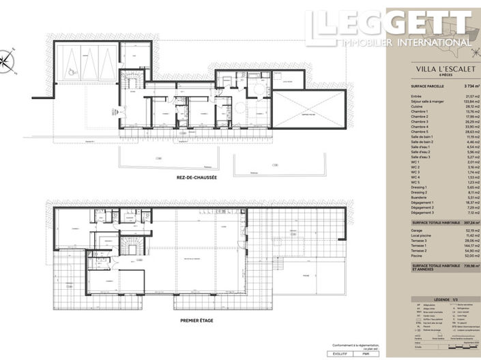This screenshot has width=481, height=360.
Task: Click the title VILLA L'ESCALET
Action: click(433, 69)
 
